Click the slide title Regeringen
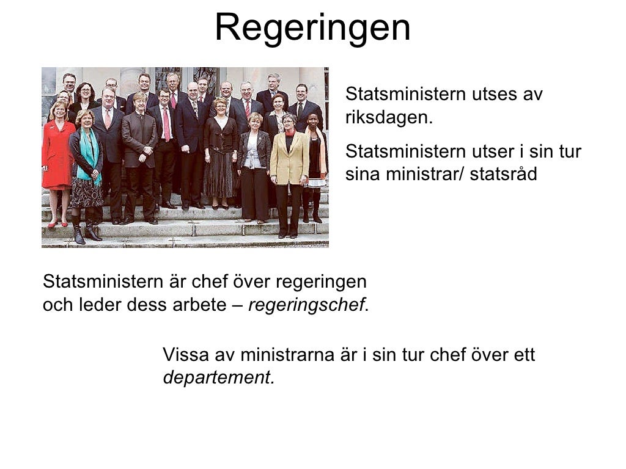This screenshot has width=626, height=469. [x=312, y=27]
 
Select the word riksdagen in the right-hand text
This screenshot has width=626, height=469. [x=388, y=117]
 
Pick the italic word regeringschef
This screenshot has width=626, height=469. [x=306, y=305]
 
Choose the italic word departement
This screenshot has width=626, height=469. [x=218, y=377]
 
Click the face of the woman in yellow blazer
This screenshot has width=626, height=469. [x=289, y=122]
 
